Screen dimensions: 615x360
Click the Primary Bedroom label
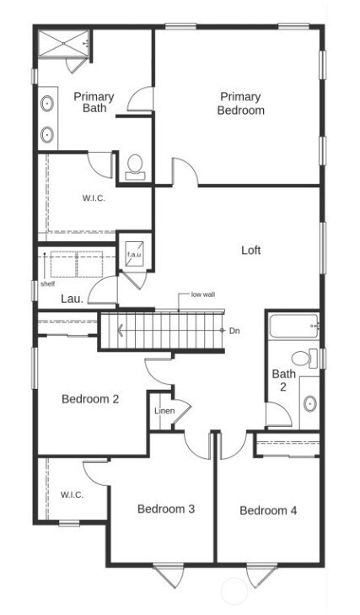pos(240,104)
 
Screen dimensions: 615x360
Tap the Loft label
pos(251,251)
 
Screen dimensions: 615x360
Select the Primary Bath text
pos(94,102)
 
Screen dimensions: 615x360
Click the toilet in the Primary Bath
pos(134,166)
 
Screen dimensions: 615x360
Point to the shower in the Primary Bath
pos(62,44)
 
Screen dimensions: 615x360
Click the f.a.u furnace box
pos(133,256)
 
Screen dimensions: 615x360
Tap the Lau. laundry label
pos(71,299)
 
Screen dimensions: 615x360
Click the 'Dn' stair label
pos(234,331)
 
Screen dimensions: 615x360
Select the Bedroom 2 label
pos(89,399)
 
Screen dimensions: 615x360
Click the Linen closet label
pos(164,411)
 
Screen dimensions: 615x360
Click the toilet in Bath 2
pos(312,359)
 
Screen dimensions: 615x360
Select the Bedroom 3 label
pos(166,509)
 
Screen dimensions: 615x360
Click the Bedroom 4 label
pos(267,510)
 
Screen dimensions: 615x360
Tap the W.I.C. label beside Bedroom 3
pos(71,494)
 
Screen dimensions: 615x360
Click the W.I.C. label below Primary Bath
pos(94,198)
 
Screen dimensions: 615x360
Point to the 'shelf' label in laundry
pos(47,284)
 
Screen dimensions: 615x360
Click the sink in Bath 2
pos(309,403)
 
